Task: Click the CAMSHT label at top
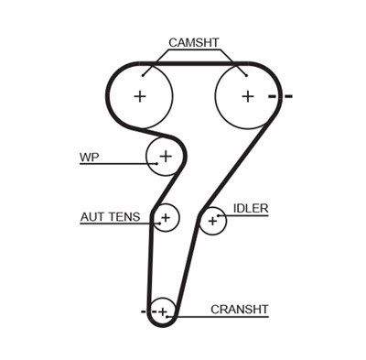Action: click(193, 42)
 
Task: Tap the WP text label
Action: click(89, 157)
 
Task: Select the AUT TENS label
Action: click(110, 217)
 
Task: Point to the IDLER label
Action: click(250, 209)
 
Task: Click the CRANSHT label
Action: click(239, 310)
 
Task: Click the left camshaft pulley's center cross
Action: click(139, 95)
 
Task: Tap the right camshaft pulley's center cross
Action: click(247, 95)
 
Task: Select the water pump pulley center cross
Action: click(166, 157)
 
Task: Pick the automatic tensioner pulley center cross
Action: click(166, 218)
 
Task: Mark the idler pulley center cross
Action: click(213, 220)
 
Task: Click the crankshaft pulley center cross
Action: click(163, 312)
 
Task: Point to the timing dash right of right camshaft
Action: click(287, 96)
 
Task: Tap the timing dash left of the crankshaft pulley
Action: click(144, 312)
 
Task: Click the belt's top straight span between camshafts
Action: click(194, 63)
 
